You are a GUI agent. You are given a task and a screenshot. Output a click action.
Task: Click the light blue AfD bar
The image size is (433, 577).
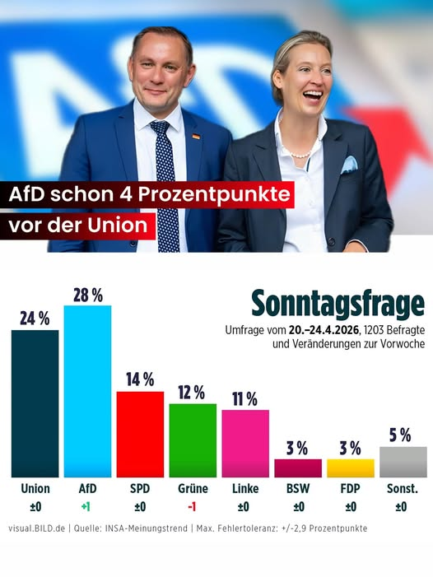pyautogui.click(x=87, y=391)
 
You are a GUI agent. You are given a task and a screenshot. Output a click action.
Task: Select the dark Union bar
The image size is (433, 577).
pyautogui.click(x=35, y=403)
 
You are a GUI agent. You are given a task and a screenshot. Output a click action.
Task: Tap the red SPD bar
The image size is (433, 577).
pyautogui.click(x=140, y=434)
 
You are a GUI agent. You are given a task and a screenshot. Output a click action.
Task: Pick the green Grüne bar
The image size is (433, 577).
pyautogui.click(x=193, y=440)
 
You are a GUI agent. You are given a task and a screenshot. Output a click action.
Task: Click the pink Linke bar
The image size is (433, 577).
pyautogui.click(x=245, y=443)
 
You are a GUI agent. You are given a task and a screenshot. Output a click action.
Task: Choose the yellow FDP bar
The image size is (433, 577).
pyautogui.click(x=351, y=468)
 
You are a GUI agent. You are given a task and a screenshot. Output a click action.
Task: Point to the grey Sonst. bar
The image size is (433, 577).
pyautogui.click(x=403, y=462)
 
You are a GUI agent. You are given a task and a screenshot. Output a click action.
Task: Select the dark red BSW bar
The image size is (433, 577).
pyautogui.click(x=298, y=468)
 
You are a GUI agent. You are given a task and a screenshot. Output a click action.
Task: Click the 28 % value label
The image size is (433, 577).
pyautogui.click(x=87, y=295)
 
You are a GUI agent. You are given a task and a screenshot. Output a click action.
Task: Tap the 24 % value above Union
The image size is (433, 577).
pyautogui.click(x=35, y=319)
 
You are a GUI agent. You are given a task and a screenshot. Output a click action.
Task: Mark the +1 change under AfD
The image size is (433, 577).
pyautogui.click(x=86, y=507)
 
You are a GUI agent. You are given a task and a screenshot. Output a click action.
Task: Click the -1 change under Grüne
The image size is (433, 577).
pyautogui.click(x=193, y=507)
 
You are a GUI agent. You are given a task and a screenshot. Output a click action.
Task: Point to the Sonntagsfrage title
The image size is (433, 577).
pyautogui.click(x=338, y=303)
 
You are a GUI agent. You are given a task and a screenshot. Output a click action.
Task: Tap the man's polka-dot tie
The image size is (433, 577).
pyautogui.click(x=165, y=181)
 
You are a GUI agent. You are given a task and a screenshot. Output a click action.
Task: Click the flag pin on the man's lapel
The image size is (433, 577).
pyautogui.click(x=196, y=137)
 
